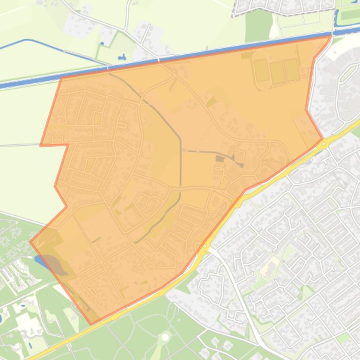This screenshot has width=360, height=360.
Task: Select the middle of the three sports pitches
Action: point(277,72)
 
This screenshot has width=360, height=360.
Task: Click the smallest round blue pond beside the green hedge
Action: point(102,44)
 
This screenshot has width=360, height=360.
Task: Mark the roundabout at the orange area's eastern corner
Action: point(324,144)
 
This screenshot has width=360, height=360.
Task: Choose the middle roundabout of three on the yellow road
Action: point(238,203)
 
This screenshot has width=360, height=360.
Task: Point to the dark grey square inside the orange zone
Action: point(219,159)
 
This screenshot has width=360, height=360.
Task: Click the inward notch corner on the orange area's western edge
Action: point(68,145)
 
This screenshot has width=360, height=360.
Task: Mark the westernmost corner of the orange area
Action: point(31,241)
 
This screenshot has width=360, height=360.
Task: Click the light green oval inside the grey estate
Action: point(348,72)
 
